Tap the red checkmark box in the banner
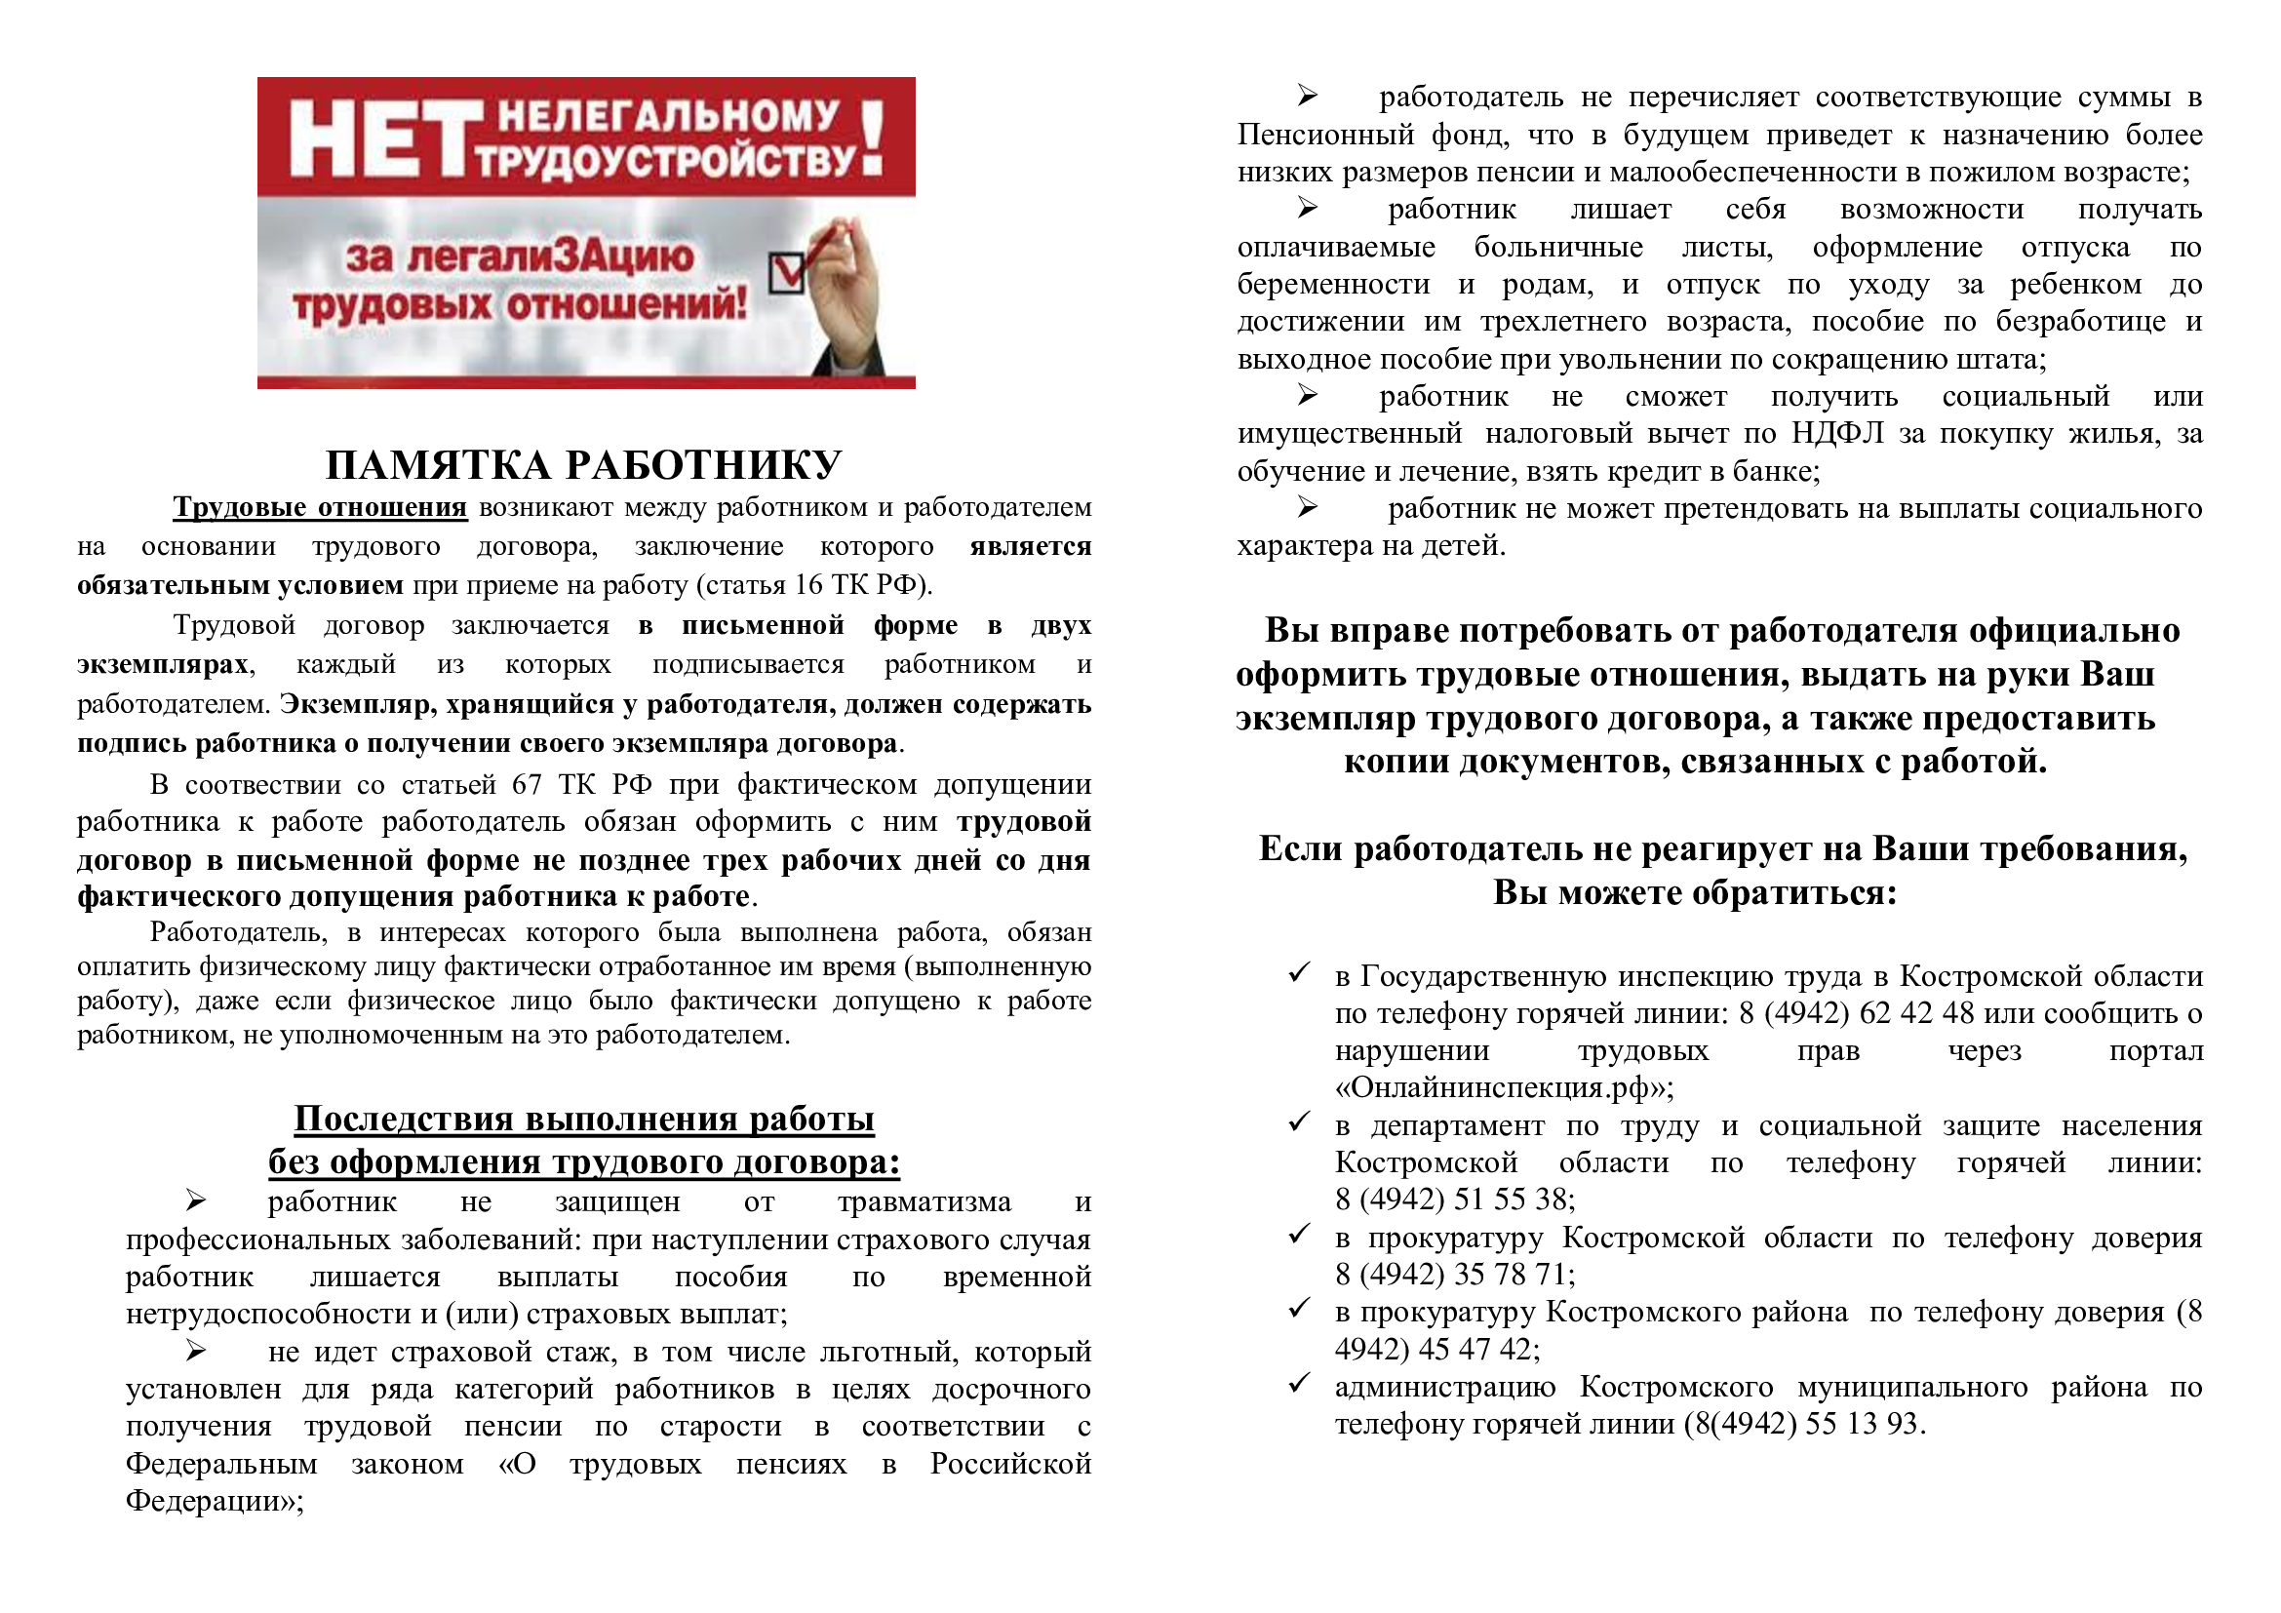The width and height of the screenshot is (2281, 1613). [x=788, y=270]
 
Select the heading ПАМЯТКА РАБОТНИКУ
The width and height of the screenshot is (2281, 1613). [x=584, y=465]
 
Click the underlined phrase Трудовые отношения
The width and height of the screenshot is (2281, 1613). [x=320, y=507]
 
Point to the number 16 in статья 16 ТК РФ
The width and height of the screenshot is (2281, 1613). [x=809, y=585]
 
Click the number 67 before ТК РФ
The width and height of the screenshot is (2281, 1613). [x=527, y=785]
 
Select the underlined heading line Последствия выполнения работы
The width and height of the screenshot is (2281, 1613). [x=584, y=1120]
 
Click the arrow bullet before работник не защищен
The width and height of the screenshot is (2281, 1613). [x=195, y=1201]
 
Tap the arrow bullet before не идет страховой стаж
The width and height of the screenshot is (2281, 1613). [x=195, y=1352]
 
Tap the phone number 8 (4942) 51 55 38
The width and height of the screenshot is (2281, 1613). [x=1454, y=1200]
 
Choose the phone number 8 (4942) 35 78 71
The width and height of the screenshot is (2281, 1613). [x=1454, y=1275]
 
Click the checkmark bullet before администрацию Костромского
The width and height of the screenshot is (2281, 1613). [x=1298, y=1385]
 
